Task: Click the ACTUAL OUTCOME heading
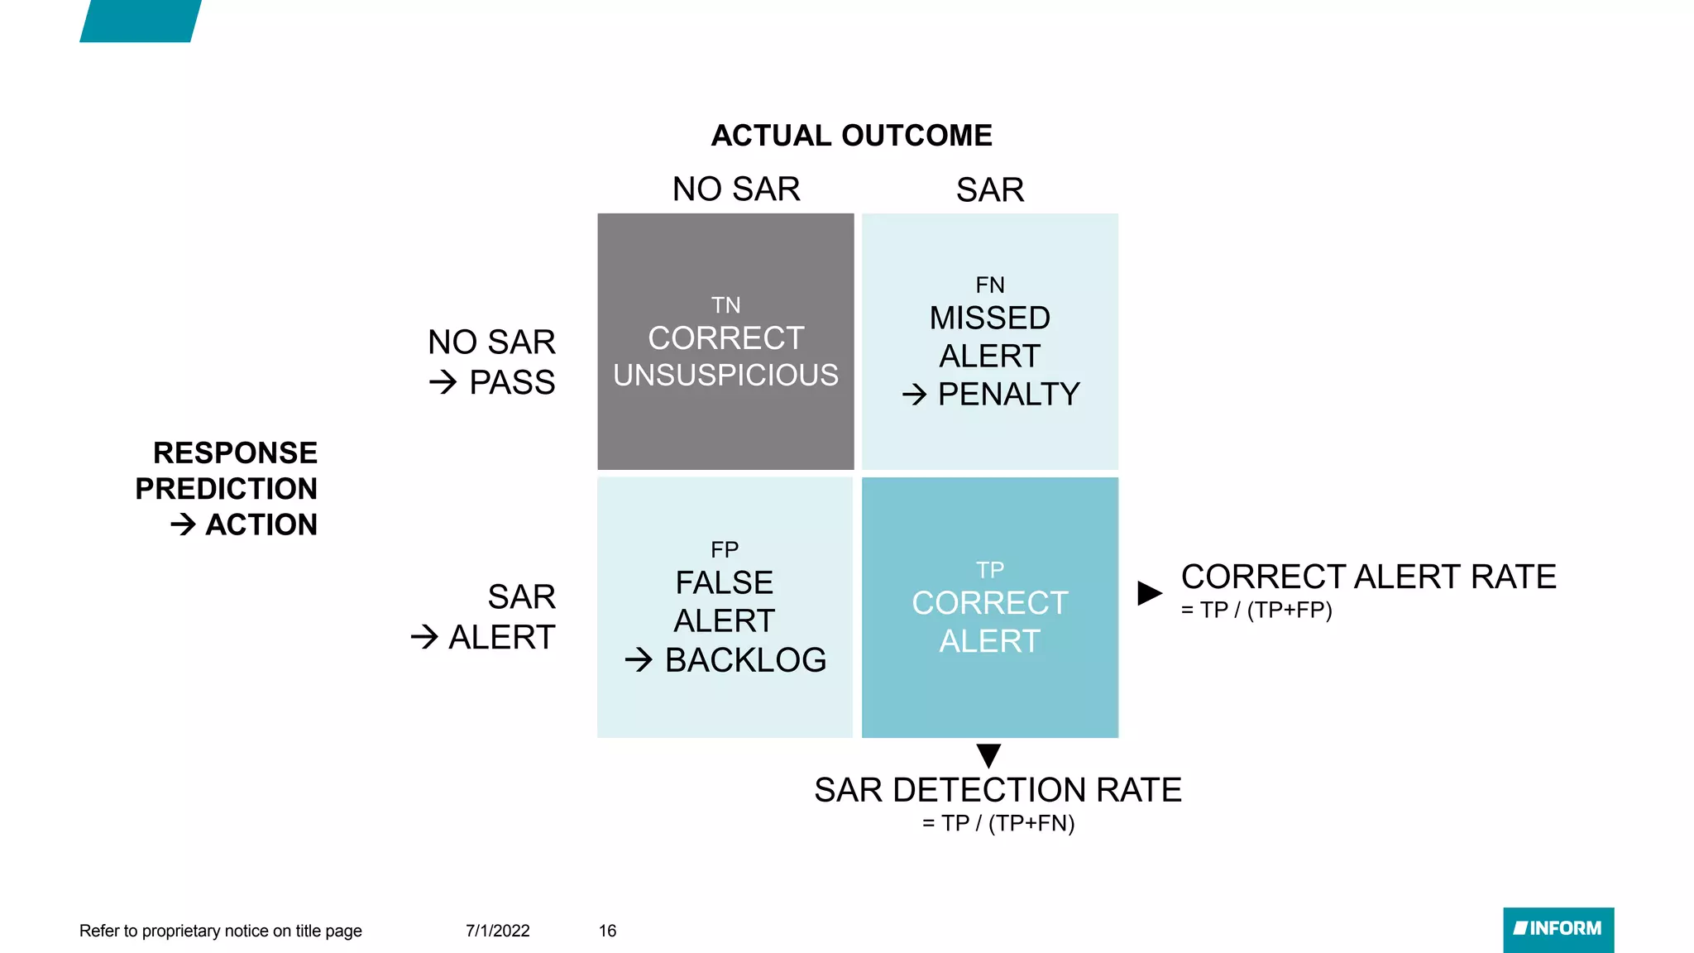(851, 136)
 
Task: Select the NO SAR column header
(736, 189)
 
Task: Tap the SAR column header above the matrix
(990, 190)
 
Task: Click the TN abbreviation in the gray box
(725, 305)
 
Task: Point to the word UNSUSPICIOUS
(725, 376)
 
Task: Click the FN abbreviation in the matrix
(990, 285)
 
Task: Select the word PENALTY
(1008, 395)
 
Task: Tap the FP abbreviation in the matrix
(725, 550)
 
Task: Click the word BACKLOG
(745, 660)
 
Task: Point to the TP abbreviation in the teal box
(990, 570)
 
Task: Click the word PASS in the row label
(512, 383)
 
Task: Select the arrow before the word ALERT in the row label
(424, 637)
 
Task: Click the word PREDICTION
(226, 489)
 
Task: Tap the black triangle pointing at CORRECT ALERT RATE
(1149, 592)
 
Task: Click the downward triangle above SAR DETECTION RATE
(988, 754)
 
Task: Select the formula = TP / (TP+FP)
(1256, 611)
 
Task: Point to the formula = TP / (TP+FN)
(998, 824)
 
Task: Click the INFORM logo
(1558, 929)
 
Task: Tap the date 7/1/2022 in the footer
(497, 931)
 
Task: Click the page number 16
(607, 931)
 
